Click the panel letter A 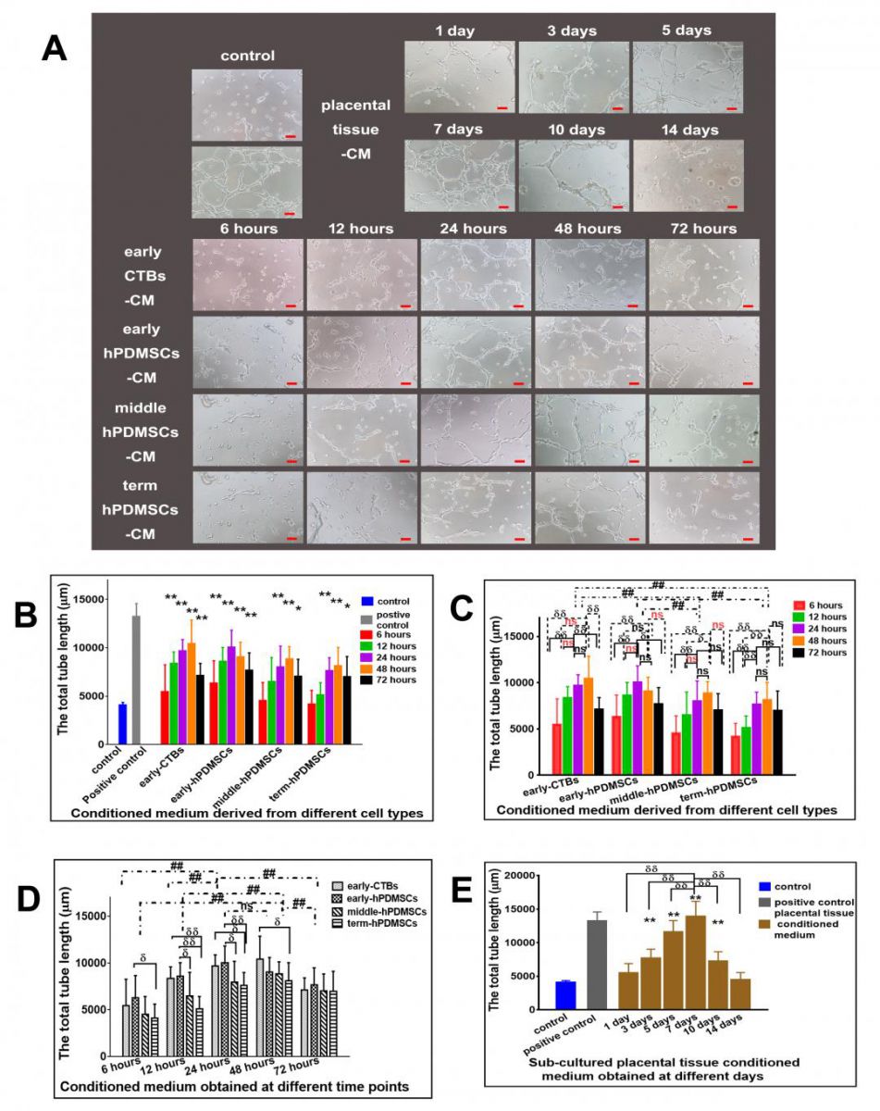click(55, 47)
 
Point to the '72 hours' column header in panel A click(705, 228)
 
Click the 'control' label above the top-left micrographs click(247, 56)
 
